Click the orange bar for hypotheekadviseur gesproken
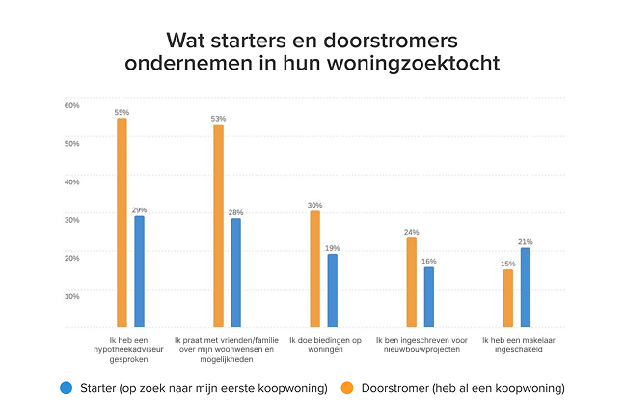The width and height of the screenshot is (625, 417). [x=122, y=224]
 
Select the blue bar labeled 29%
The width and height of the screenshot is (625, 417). [x=139, y=273]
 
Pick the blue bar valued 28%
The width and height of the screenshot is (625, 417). [x=235, y=275]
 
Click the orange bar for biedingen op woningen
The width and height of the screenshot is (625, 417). [x=314, y=271]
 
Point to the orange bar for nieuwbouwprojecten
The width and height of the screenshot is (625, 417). [x=411, y=283]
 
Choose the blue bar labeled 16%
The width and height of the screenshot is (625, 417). [x=428, y=298]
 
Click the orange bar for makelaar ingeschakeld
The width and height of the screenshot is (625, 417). [x=507, y=300]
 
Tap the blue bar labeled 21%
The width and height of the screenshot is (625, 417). [x=525, y=289]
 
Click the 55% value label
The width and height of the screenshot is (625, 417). [x=122, y=113]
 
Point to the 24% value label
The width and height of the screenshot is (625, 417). [x=411, y=232]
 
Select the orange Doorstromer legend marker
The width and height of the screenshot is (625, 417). [x=348, y=387]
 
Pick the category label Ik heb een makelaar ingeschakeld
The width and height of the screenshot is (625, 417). [x=516, y=345]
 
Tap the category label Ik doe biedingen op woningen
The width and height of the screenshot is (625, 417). [x=323, y=345]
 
